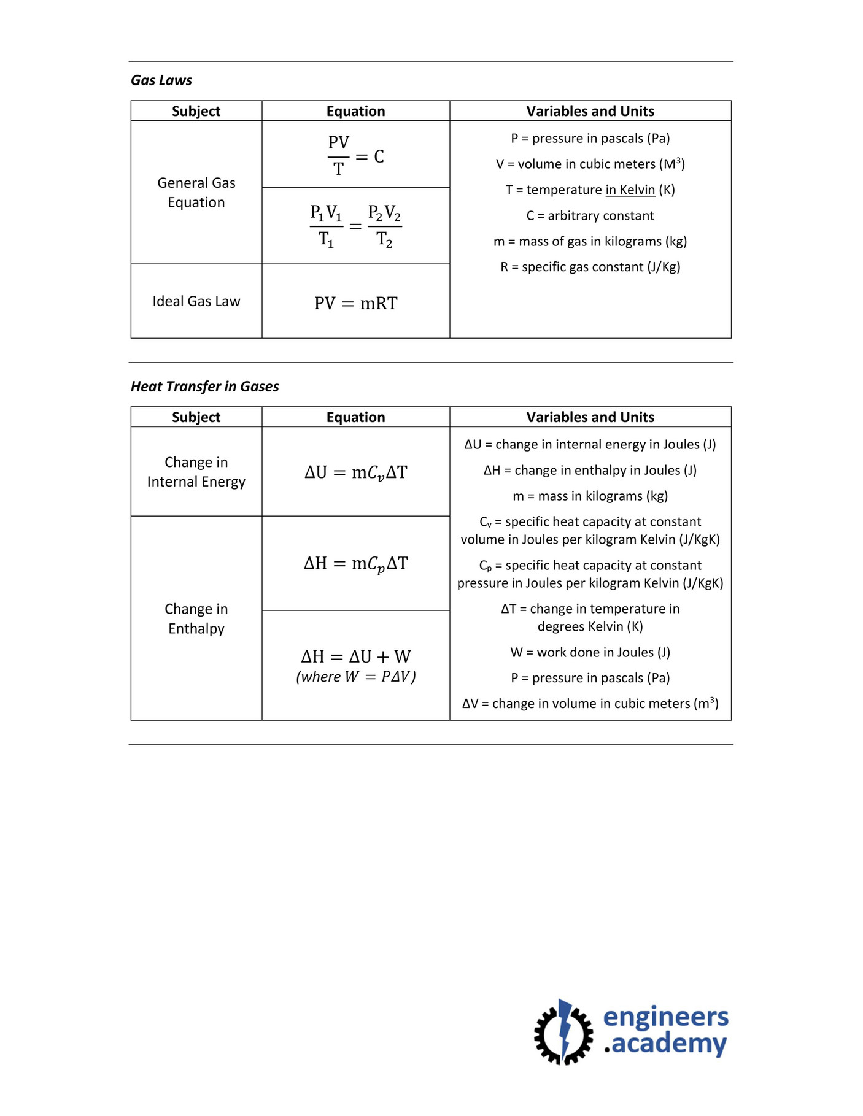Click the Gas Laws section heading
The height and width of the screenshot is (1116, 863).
click(161, 80)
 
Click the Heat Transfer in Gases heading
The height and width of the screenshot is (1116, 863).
click(204, 387)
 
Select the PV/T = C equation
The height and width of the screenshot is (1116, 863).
click(355, 156)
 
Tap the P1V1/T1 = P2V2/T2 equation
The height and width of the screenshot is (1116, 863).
click(355, 226)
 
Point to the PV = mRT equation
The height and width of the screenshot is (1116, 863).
click(355, 303)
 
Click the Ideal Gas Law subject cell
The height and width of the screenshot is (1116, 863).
click(196, 301)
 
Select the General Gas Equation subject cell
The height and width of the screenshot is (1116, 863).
click(196, 193)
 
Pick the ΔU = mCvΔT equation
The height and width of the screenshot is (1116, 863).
click(355, 472)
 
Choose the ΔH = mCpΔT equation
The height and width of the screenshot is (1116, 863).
click(355, 564)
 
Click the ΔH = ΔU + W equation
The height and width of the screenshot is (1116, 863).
click(355, 656)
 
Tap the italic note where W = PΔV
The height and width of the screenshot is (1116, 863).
click(355, 677)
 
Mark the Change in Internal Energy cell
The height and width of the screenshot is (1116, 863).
click(196, 472)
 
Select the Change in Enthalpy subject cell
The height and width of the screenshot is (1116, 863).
click(196, 618)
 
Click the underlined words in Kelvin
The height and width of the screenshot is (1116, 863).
click(630, 190)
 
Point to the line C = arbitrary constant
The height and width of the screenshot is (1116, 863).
click(590, 216)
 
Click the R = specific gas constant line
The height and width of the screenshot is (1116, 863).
click(590, 267)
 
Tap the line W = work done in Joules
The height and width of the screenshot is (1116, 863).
click(590, 653)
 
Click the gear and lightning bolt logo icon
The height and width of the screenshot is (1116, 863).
click(563, 1032)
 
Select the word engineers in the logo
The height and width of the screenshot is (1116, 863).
click(665, 1017)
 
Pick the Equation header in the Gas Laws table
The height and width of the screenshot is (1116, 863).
click(355, 111)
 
